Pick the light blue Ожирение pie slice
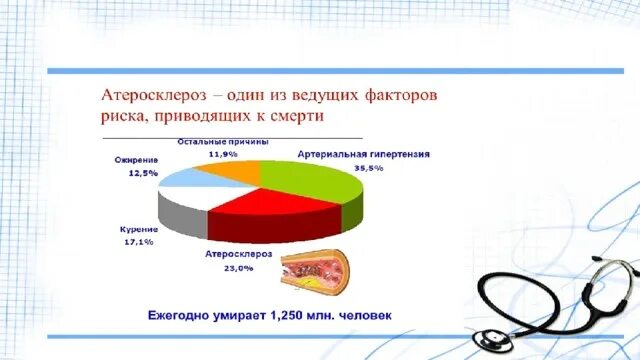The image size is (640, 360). pos(193,180)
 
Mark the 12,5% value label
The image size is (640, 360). pos(143,173)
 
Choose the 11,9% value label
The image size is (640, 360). pos(223,154)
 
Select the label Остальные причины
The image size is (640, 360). pos(223,142)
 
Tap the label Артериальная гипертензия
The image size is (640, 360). pos(364,155)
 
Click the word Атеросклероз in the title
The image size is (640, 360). pos(159,94)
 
